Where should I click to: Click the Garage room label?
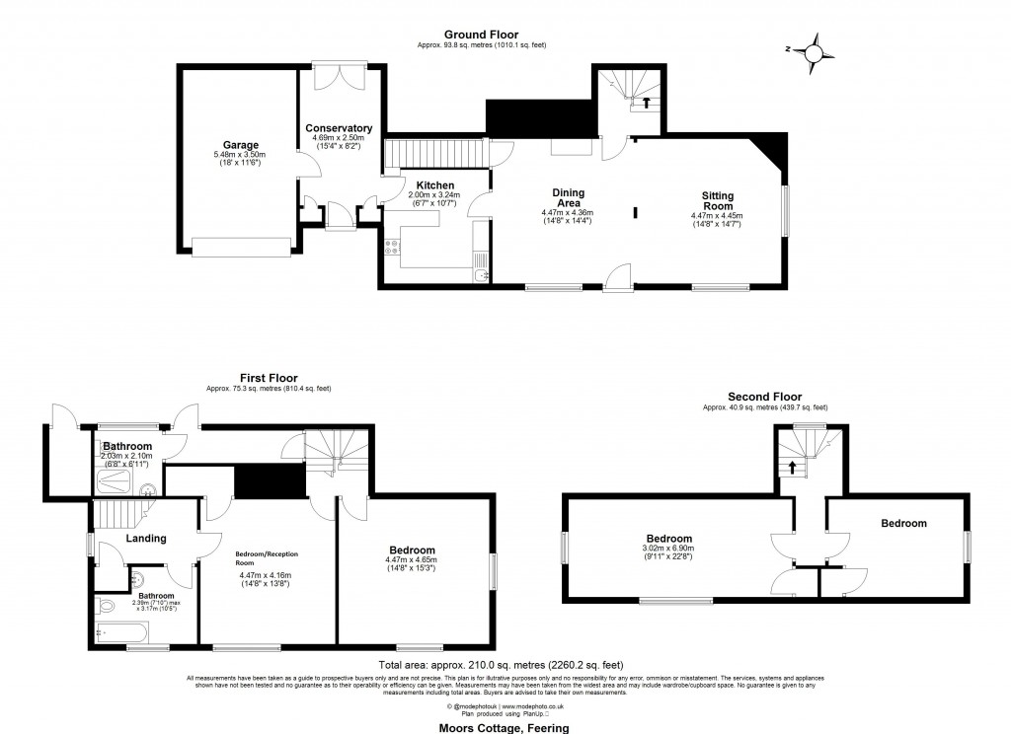pos(240,145)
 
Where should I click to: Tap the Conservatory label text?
pos(338,128)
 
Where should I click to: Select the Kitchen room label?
pos(434,185)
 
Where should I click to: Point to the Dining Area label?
pos(568,198)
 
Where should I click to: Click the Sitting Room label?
pos(717,201)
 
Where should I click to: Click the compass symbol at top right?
pos(816,48)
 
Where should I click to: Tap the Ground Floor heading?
pos(481,35)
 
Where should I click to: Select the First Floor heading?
pos(269,378)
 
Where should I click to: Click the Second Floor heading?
pos(764,397)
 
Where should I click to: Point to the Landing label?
pos(145,539)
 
